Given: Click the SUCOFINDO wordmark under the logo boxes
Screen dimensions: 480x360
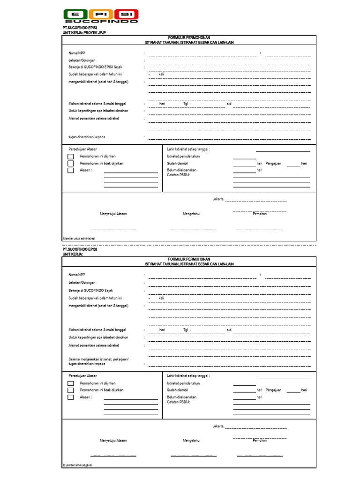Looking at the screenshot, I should click(x=101, y=21).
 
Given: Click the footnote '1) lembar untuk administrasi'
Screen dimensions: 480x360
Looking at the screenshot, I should click(x=79, y=239).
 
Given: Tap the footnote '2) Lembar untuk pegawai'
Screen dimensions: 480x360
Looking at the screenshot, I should click(x=77, y=465).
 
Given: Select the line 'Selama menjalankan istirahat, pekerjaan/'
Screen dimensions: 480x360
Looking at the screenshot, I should click(x=98, y=359).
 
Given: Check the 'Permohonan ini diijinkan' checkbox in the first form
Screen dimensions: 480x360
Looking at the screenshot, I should click(x=71, y=156).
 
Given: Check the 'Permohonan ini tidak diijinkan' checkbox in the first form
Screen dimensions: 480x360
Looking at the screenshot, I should click(x=71, y=163).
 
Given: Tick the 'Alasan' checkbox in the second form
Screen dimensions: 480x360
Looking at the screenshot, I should click(x=71, y=397).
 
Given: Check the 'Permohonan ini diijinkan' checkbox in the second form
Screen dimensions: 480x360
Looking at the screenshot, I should click(x=71, y=383).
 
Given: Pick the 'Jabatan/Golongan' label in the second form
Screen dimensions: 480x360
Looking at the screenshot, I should click(x=82, y=283).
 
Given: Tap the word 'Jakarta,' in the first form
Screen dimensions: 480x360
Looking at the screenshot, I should click(x=218, y=199).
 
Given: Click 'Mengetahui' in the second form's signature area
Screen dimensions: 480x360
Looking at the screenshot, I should click(x=191, y=440).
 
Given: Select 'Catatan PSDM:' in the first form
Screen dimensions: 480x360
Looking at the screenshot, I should click(x=179, y=174).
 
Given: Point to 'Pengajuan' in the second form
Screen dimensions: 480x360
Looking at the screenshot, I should click(x=273, y=390).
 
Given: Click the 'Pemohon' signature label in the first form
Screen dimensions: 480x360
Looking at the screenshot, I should click(x=260, y=214).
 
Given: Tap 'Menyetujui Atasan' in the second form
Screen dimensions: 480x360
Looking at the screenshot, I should click(x=113, y=440).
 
